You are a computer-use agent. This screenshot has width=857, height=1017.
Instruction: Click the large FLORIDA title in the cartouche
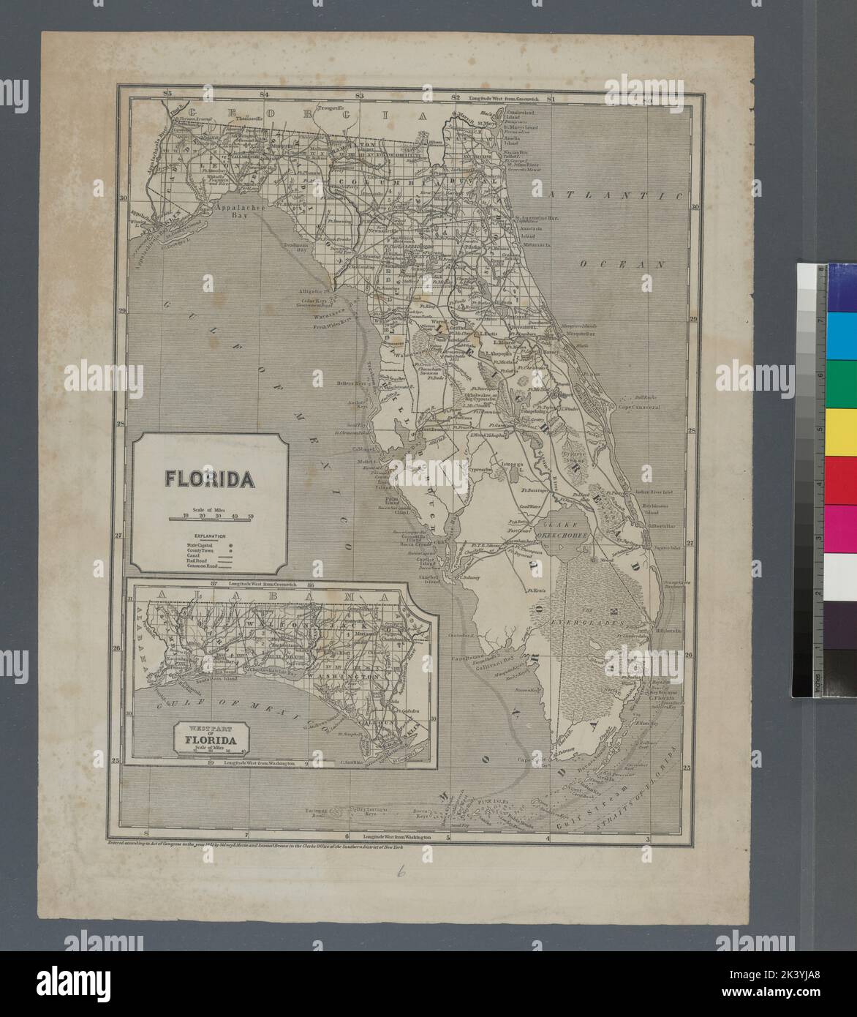pyautogui.click(x=209, y=479)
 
